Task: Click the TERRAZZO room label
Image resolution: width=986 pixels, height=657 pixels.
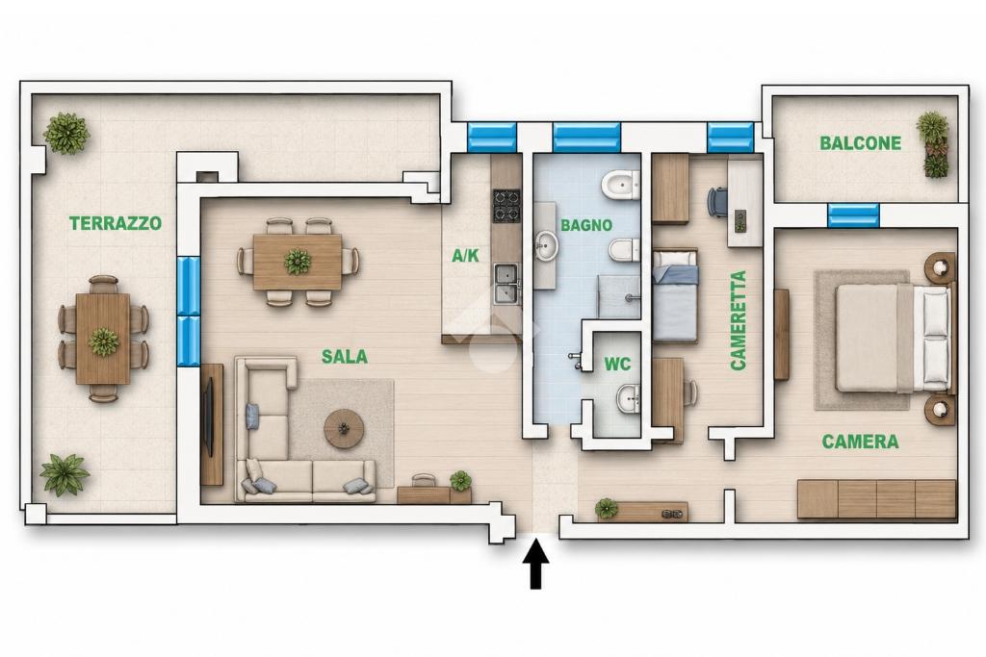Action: [116, 223]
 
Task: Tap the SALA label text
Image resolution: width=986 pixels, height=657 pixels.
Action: [344, 357]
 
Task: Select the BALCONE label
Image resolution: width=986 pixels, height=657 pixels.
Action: [860, 143]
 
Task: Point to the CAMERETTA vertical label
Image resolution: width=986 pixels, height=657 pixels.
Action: [739, 319]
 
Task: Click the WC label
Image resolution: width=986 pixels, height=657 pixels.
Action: [617, 365]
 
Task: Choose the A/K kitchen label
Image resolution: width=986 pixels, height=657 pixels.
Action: [465, 255]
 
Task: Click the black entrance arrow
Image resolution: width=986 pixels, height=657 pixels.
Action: [535, 564]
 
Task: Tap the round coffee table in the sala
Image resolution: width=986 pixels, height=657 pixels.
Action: [344, 429]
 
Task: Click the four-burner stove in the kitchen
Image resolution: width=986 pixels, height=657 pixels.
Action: [506, 206]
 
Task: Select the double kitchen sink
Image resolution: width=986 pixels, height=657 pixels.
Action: [506, 283]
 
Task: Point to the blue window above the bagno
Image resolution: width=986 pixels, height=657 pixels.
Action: [586, 137]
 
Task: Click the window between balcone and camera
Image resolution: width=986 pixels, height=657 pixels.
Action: [853, 215]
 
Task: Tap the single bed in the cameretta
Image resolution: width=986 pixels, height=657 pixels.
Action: [675, 295]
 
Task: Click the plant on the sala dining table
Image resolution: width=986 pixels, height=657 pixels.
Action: [297, 262]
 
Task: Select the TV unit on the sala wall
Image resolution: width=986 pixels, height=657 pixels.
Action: [212, 424]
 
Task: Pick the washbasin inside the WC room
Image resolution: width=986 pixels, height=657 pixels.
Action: [628, 398]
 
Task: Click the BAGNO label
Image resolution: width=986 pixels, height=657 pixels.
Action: [586, 225]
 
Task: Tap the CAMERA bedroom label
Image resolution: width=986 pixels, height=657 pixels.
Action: [860, 442]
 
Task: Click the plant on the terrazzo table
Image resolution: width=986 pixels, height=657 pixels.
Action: [103, 341]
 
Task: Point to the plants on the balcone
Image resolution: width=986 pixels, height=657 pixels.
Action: [933, 144]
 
